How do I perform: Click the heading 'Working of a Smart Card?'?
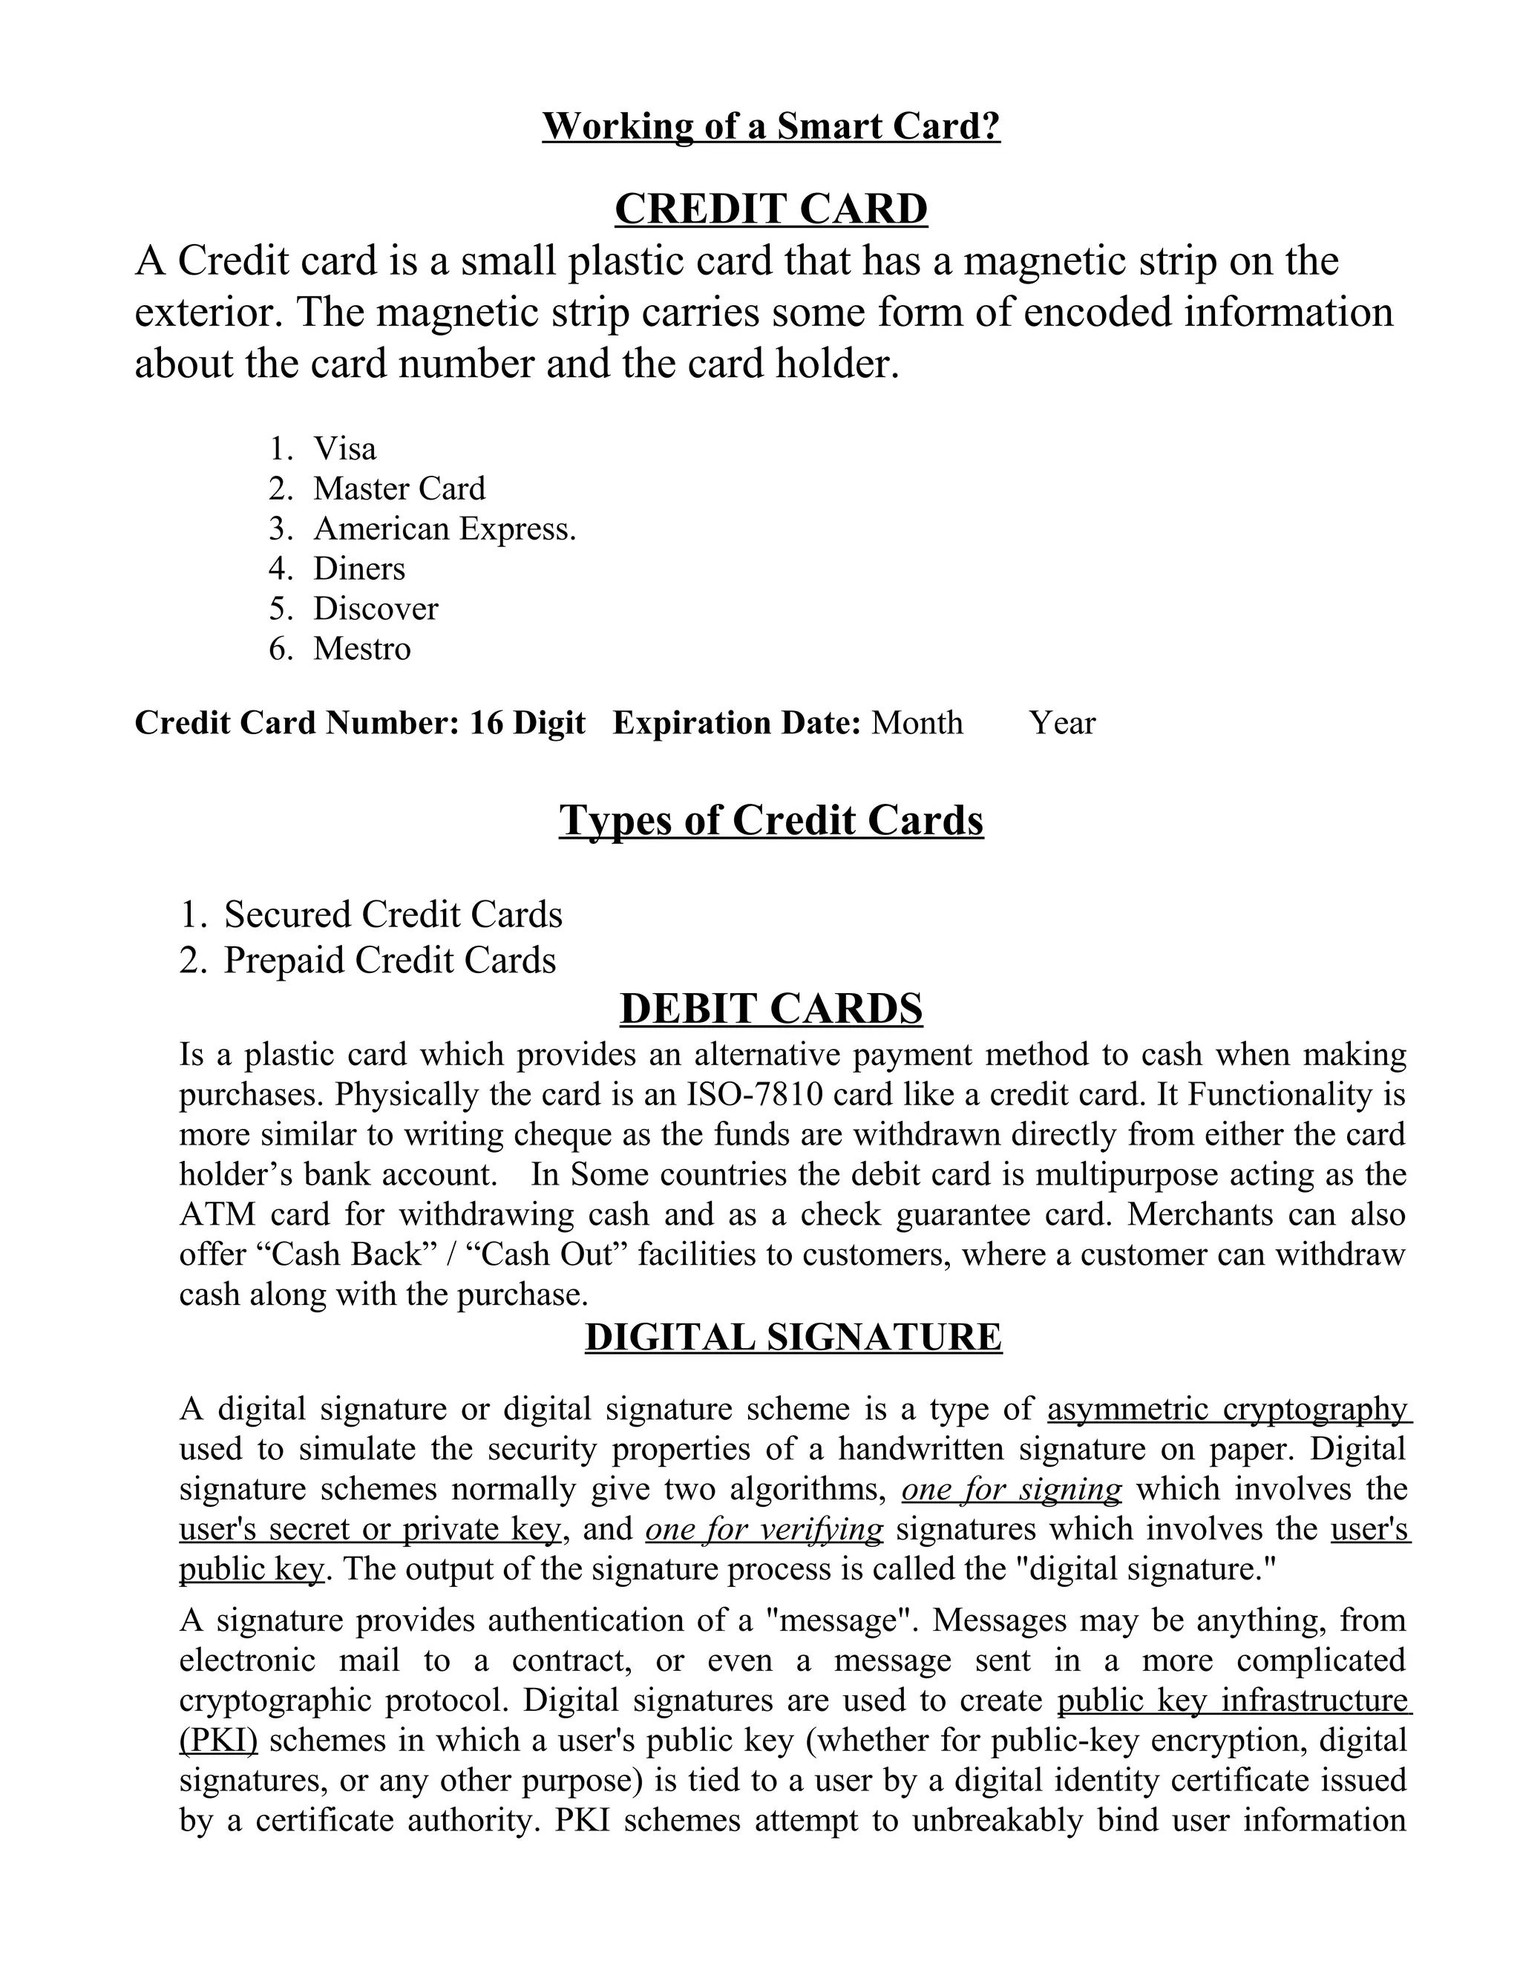(x=771, y=126)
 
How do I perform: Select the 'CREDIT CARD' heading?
(x=771, y=209)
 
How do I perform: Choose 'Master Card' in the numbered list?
(x=399, y=488)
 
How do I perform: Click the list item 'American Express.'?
(x=444, y=528)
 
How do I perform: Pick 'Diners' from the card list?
(x=359, y=569)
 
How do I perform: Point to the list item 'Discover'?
(x=376, y=609)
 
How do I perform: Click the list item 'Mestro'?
(x=362, y=649)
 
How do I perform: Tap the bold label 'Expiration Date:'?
(x=736, y=723)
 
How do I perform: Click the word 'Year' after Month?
(x=1063, y=723)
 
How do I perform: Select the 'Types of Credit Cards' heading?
(x=771, y=820)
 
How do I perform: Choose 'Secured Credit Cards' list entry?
(x=393, y=914)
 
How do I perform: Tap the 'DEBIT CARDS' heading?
(x=771, y=1008)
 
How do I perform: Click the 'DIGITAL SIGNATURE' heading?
(x=793, y=1337)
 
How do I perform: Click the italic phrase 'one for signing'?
(x=1012, y=1489)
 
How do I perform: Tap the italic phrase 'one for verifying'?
(x=764, y=1529)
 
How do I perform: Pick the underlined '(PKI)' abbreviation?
(x=218, y=1740)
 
